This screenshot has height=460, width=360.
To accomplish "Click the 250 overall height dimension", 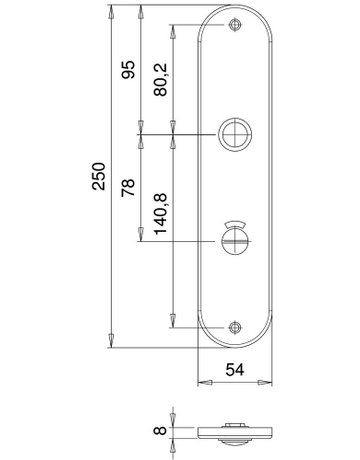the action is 99,176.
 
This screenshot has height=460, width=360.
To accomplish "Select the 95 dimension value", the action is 128,69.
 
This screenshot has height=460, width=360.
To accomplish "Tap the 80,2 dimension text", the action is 161,80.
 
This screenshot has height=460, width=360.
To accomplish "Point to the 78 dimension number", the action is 128,187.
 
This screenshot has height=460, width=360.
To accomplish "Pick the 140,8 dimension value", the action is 161,214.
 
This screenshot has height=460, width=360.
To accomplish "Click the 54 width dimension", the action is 235,370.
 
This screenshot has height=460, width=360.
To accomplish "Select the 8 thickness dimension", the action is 160,430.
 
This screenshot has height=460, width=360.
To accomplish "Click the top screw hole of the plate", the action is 235,25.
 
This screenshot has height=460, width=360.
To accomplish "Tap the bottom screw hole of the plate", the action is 235,328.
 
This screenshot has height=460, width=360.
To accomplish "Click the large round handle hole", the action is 235,134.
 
